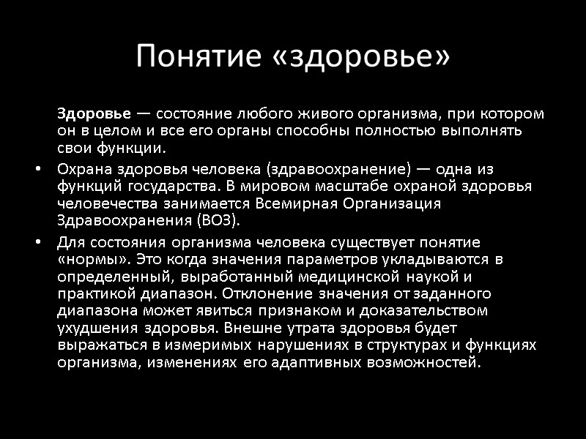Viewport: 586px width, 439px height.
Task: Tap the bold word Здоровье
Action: click(x=94, y=114)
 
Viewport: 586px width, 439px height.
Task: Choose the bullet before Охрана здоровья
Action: click(x=38, y=169)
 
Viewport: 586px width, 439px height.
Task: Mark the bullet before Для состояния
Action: click(x=38, y=241)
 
